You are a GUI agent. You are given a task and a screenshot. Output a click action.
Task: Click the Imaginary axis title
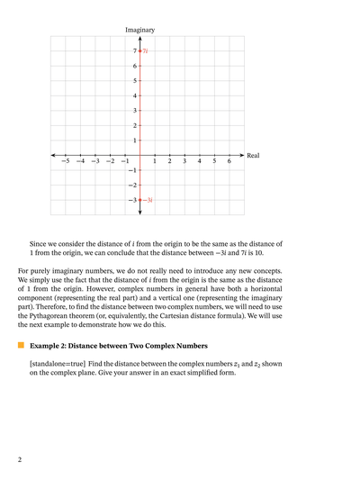coord(139,31)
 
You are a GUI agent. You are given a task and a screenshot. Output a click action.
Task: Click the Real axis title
coord(253,156)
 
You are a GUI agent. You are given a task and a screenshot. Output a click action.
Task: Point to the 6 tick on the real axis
coord(229,161)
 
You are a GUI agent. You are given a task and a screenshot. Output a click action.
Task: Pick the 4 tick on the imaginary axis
coord(134,95)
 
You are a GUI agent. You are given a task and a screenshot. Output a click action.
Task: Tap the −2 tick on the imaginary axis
coord(131,185)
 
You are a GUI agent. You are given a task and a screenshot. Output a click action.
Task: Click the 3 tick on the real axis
coord(184,161)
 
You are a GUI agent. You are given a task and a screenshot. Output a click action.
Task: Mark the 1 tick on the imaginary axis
coord(134,140)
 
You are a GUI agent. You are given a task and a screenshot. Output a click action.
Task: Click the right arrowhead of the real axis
coord(241,155)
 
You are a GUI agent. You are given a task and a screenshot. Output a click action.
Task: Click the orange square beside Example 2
coord(21,345)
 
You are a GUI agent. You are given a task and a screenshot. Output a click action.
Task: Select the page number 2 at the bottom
coord(20,459)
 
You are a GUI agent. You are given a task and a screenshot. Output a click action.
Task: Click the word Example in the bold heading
coord(46,346)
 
